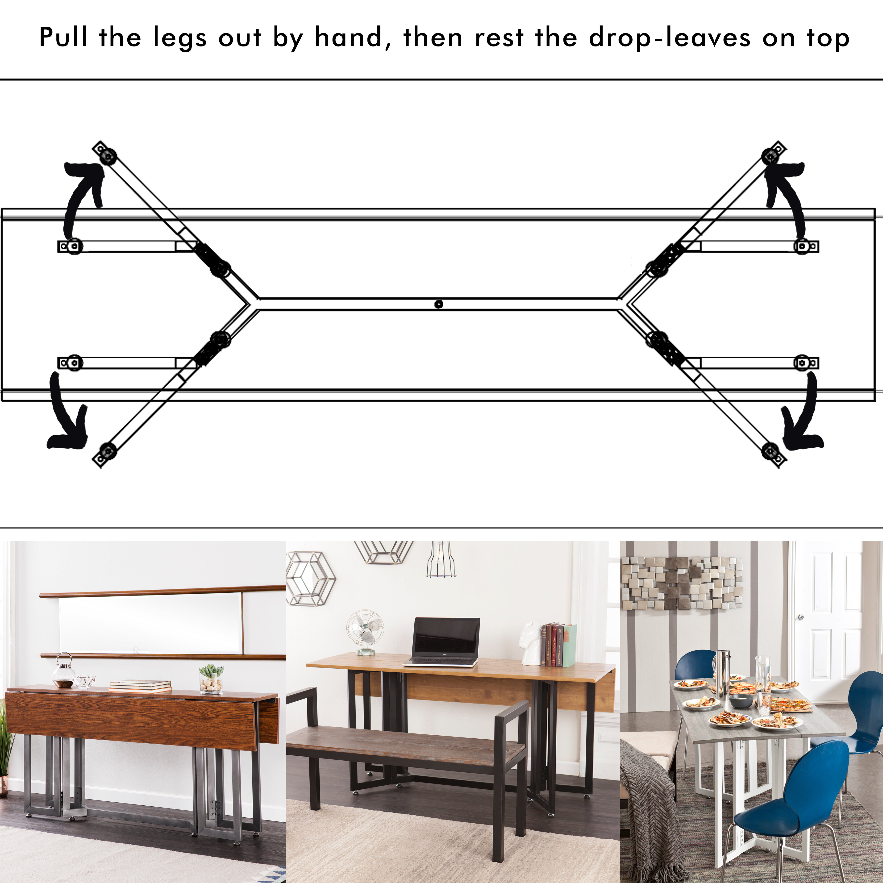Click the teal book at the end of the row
coord(569,645)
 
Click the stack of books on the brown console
coord(140,686)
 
